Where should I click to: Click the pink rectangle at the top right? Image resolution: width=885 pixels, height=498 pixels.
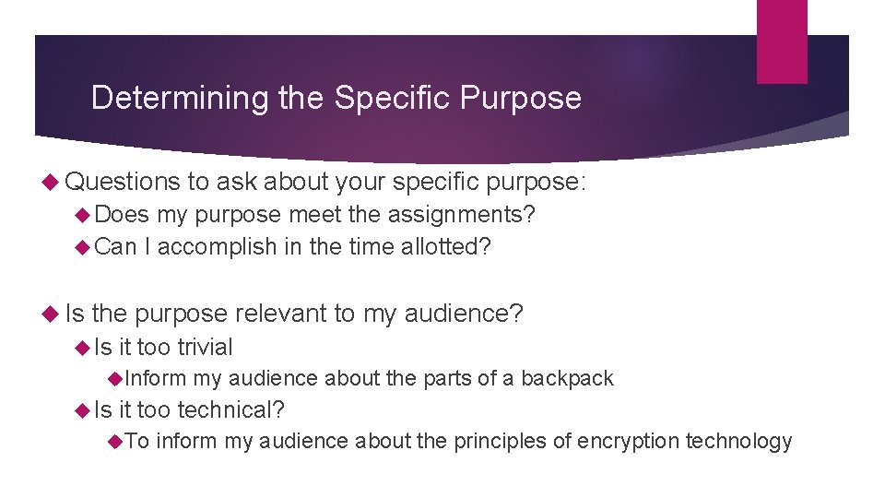coord(781,41)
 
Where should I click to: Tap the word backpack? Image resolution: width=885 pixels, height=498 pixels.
coord(567,378)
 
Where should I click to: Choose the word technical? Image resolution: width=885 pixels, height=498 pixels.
coord(230,409)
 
